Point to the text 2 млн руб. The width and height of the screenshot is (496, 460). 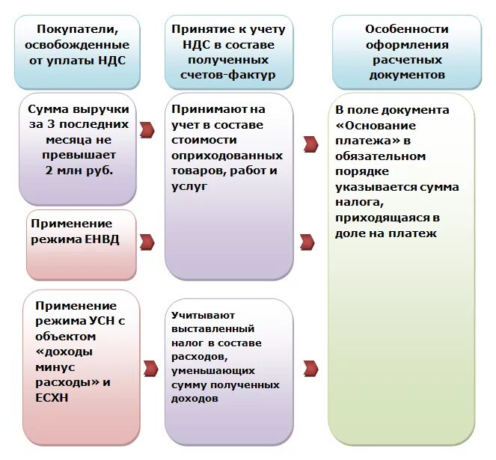pos(79,171)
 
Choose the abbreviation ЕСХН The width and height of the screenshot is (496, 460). pos(52,397)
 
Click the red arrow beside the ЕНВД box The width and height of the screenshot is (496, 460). pos(147,242)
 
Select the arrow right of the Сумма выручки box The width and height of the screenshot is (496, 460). pos(147,129)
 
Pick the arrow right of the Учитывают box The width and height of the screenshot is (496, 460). pos(309,367)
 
